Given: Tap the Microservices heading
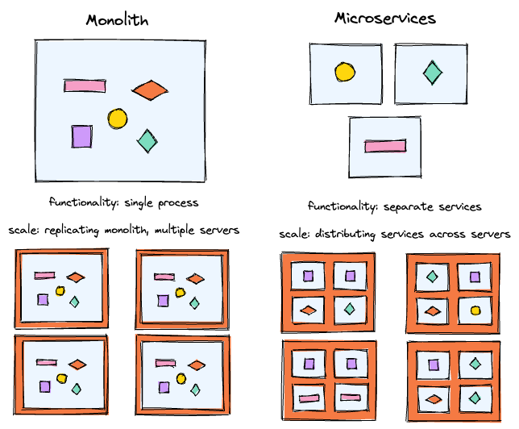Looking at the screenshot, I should [x=385, y=19].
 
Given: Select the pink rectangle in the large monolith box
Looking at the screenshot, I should [x=86, y=85].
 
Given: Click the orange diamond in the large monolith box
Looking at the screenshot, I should [x=150, y=90].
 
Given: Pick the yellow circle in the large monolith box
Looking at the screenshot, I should [x=118, y=119].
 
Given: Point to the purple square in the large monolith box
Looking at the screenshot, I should [x=81, y=136].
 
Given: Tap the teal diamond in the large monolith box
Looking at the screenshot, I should [x=147, y=141].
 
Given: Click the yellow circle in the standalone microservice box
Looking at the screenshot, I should [x=345, y=72].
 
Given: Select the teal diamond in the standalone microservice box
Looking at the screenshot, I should [x=433, y=73].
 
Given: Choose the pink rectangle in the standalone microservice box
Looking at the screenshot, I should [x=385, y=146].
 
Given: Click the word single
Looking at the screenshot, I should [x=143, y=202].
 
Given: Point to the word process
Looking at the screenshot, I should [x=181, y=203].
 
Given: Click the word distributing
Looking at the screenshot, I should [x=353, y=235].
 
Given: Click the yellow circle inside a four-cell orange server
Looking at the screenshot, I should [x=475, y=310].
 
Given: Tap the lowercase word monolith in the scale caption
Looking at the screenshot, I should [x=135, y=231].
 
